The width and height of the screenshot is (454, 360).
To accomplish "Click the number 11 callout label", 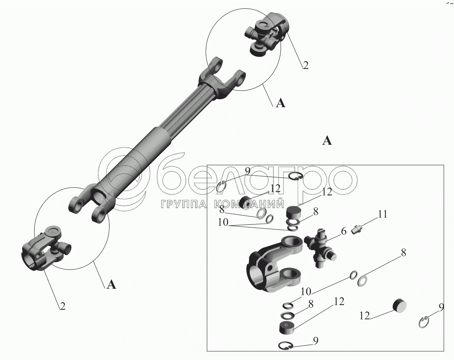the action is click(x=383, y=214).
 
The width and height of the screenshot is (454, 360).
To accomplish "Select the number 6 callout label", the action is click(x=343, y=231).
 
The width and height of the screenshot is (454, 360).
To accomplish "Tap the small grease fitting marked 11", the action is click(x=357, y=230).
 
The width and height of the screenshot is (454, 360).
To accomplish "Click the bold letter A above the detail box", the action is click(x=327, y=141).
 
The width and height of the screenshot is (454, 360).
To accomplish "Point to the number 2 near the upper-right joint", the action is click(x=306, y=65).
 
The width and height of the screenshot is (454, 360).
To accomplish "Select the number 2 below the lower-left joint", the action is click(x=62, y=306).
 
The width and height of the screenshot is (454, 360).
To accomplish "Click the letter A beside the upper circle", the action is click(x=281, y=104).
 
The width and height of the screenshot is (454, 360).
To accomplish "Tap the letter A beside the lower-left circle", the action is click(x=111, y=285).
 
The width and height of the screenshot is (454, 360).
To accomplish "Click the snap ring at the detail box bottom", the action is click(x=285, y=345).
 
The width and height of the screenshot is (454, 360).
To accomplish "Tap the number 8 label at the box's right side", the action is click(x=403, y=253).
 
